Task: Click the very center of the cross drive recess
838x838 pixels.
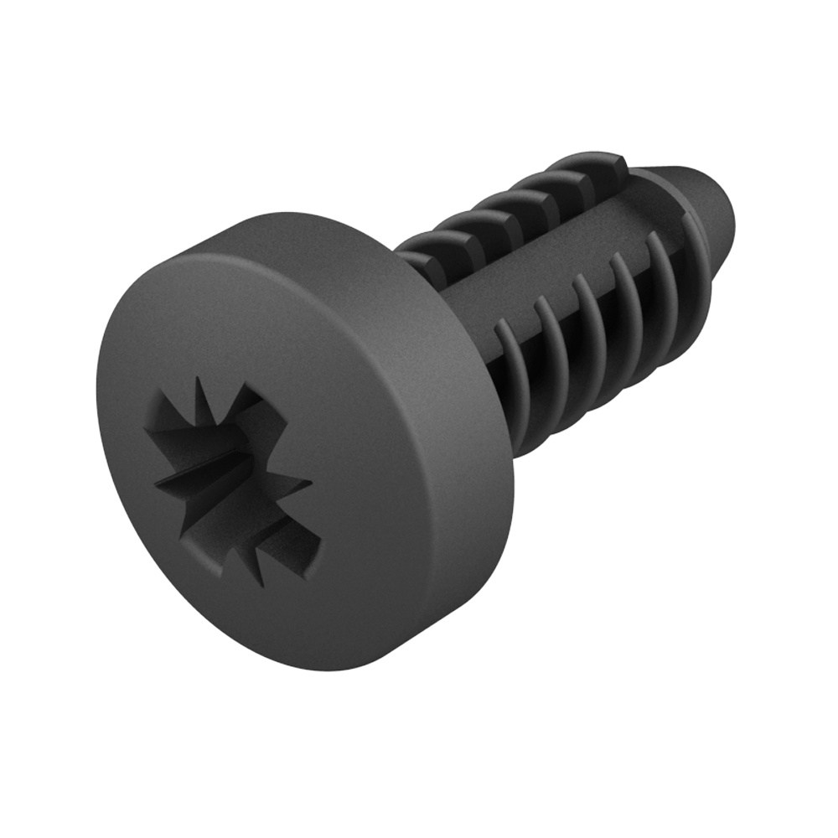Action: (236, 475)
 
